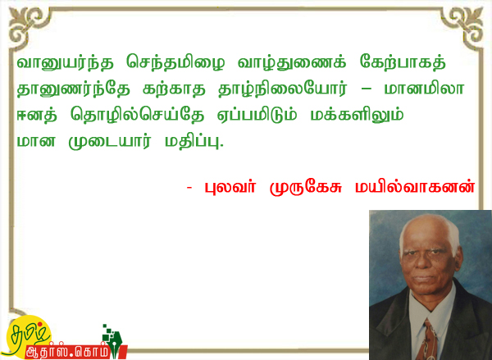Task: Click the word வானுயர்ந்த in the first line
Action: (x=65, y=63)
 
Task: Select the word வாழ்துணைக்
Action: (x=292, y=63)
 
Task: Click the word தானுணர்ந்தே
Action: (x=73, y=89)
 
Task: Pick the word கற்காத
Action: (x=174, y=89)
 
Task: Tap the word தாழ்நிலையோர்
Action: (x=283, y=89)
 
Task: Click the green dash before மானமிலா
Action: (x=367, y=89)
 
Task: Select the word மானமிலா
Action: (x=424, y=89)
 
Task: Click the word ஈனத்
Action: (x=37, y=114)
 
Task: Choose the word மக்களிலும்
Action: (x=357, y=115)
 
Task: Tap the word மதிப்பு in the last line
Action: (x=194, y=141)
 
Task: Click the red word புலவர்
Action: (x=230, y=187)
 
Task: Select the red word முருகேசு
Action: (x=306, y=188)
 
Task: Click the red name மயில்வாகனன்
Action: (x=414, y=187)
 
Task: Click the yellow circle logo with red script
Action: (x=28, y=336)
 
